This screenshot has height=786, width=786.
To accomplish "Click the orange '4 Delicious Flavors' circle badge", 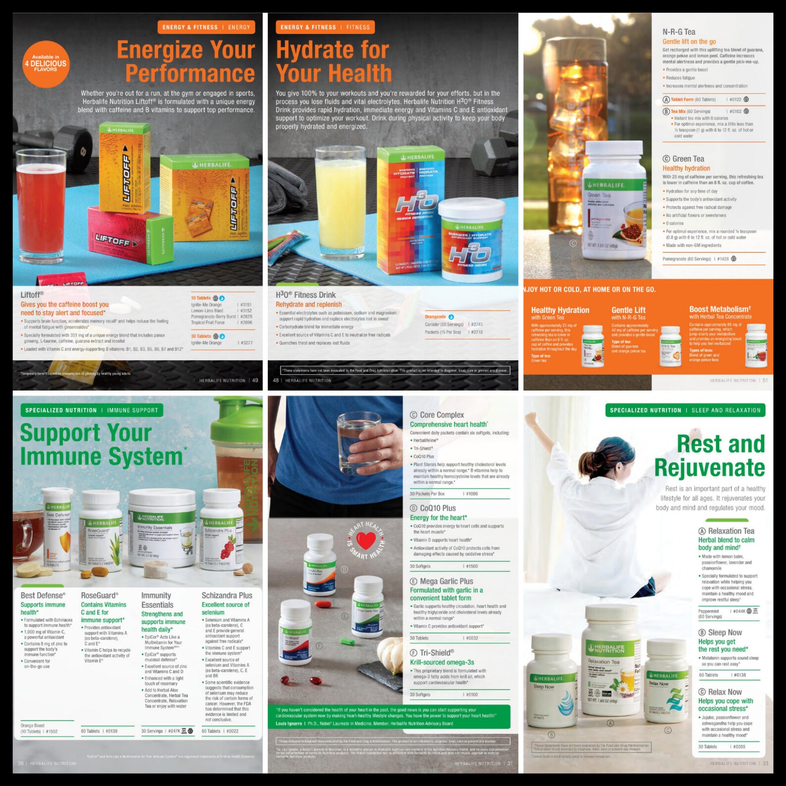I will [x=45, y=64].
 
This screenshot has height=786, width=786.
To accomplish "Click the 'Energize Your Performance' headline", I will [x=186, y=61].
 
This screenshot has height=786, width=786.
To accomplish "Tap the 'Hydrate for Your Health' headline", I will [x=334, y=61].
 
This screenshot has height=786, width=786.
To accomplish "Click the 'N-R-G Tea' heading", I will [x=679, y=32].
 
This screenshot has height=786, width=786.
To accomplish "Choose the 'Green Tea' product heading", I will [x=688, y=159].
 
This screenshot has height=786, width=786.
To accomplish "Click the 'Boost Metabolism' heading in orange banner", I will [x=719, y=309].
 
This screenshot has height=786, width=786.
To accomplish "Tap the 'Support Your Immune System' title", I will [x=101, y=444].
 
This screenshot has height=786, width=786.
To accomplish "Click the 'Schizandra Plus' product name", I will [x=227, y=595].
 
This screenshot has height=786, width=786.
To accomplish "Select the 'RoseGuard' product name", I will [x=99, y=595].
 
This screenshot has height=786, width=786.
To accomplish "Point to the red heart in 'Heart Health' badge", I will [x=366, y=540].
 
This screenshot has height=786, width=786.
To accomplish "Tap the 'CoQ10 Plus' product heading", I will [x=438, y=508].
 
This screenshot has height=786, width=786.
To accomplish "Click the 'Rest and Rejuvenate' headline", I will [x=710, y=455].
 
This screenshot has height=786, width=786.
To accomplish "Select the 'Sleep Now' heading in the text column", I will [x=725, y=633].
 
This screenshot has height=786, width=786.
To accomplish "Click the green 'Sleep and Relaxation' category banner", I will [x=685, y=410].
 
